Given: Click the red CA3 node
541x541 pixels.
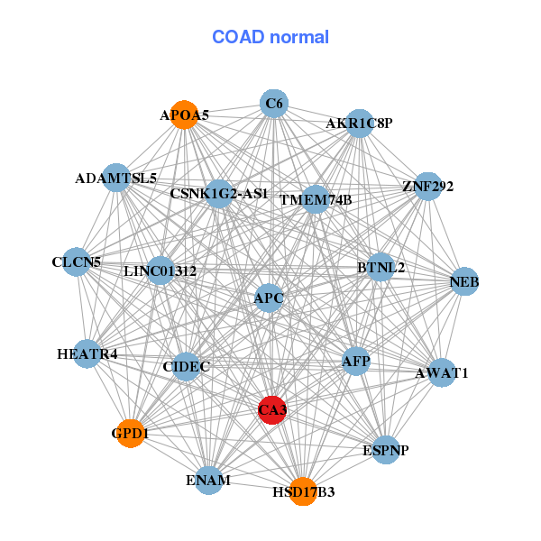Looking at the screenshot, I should (272, 410).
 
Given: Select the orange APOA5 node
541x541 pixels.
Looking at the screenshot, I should (185, 115).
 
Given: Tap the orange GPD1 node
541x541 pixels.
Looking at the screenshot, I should (131, 434).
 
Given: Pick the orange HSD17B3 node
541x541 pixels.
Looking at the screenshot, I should (304, 491).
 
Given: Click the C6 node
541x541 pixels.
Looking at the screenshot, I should (274, 105).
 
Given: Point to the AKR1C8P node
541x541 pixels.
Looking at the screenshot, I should (360, 124).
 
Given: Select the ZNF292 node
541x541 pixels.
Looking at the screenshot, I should (427, 188).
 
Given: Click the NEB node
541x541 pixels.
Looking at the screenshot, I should (464, 283).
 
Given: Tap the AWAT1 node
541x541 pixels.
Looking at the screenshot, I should (441, 372).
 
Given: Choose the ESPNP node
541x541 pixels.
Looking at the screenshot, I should (385, 449).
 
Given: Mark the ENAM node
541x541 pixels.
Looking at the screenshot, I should (208, 481).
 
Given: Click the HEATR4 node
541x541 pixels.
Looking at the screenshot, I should (87, 354).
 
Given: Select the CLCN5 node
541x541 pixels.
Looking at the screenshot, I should (77, 262).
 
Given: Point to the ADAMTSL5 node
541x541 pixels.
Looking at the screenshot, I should (116, 179).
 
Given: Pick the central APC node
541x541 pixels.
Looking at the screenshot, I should (269, 298).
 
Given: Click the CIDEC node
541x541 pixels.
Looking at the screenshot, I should (187, 367).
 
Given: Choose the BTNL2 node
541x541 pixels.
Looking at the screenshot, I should (381, 268).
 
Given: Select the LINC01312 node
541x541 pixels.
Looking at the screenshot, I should (160, 270).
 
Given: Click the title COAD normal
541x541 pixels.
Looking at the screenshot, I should (270, 37).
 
